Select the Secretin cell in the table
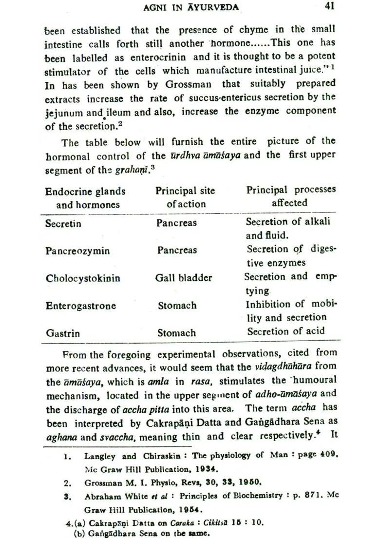[63, 224]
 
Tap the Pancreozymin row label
[77, 251]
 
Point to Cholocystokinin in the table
[83, 278]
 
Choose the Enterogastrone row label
[81, 306]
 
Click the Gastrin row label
[63, 333]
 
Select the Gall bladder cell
[184, 278]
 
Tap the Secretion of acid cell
[285, 332]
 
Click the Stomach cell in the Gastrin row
[176, 333]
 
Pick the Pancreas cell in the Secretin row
[176, 223]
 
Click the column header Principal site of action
[185, 197]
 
